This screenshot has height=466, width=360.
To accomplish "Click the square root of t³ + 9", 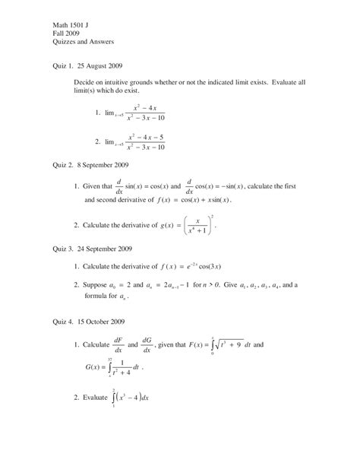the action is pyautogui.click(x=221, y=344).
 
